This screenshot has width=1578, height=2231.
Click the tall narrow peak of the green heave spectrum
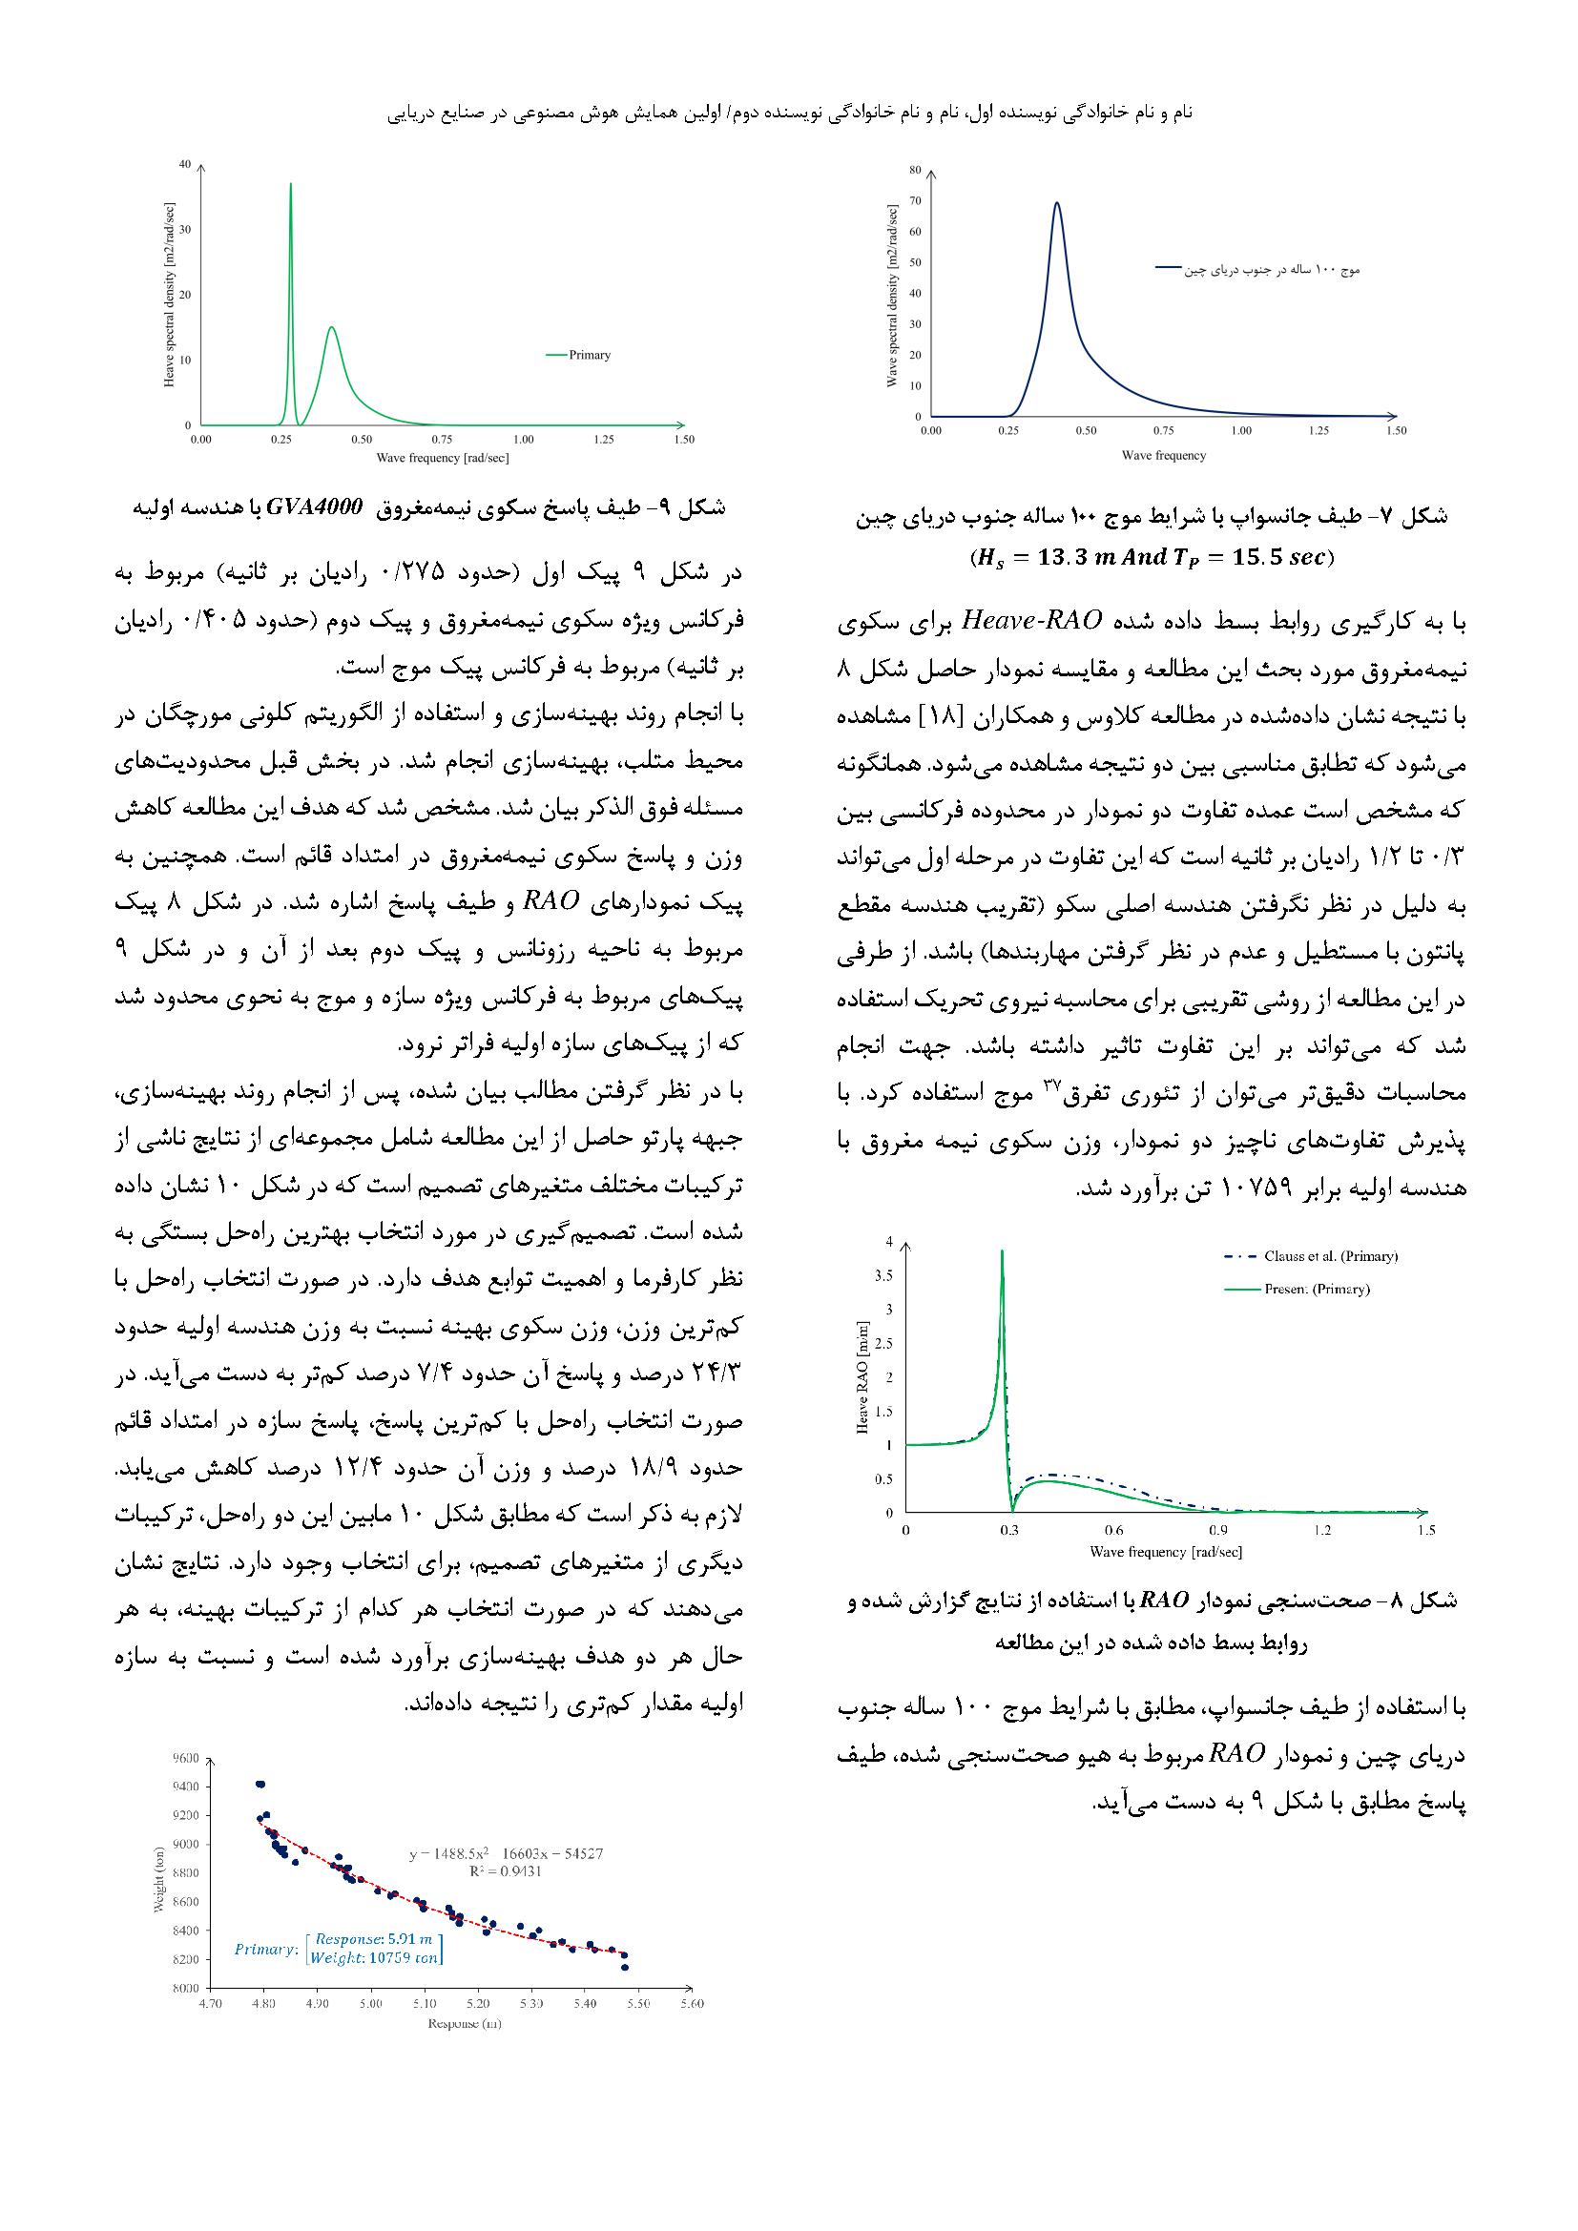click(291, 185)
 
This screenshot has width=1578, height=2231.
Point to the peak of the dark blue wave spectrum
click(1056, 203)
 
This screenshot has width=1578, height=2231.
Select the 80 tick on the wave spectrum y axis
click(914, 170)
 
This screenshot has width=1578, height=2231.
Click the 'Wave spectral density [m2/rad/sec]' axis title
click(892, 296)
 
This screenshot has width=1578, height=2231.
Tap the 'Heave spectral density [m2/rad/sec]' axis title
click(169, 296)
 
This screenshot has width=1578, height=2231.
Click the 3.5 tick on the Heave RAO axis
click(883, 1276)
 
